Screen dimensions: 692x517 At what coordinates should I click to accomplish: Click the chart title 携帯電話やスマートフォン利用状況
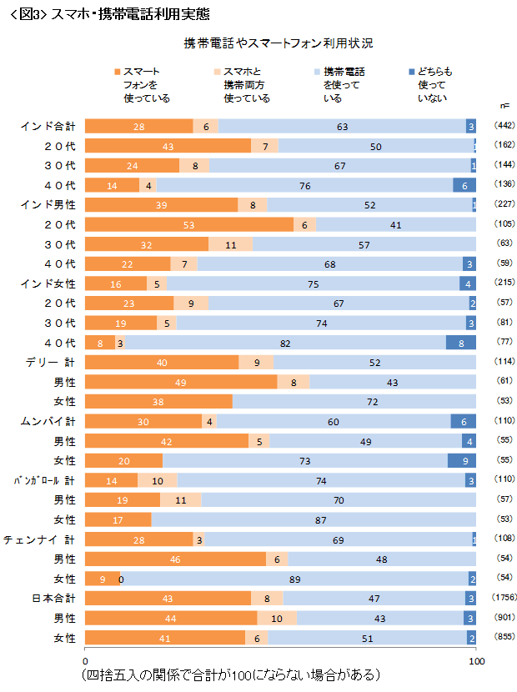(279, 42)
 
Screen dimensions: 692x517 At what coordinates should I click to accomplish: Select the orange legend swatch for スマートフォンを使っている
(118, 72)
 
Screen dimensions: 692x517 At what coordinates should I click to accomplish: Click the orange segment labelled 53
(189, 224)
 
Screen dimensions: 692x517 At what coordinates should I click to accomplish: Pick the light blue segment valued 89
(294, 578)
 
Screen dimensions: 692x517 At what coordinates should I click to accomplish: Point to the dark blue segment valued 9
(463, 460)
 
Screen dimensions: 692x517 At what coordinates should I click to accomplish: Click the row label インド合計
(48, 126)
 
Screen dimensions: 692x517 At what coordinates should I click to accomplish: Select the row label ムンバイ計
(48, 421)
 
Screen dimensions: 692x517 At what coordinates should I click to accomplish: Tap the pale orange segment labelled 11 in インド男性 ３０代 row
(231, 244)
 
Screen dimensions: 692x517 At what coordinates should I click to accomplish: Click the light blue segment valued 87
(314, 519)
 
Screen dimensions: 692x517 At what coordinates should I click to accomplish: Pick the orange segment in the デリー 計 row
(162, 362)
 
